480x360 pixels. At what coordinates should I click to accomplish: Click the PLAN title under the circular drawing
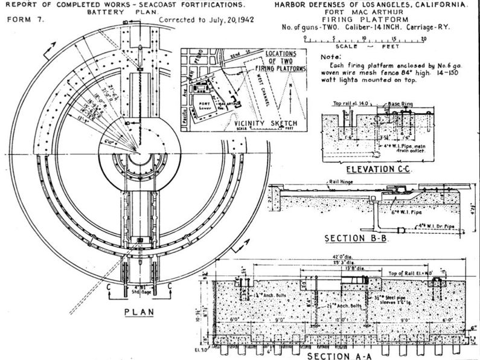click(x=138, y=312)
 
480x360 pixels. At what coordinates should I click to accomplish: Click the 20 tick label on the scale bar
click(x=424, y=37)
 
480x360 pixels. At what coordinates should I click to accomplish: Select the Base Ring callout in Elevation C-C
click(x=400, y=103)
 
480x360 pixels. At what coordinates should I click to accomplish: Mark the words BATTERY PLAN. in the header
click(x=112, y=11)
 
